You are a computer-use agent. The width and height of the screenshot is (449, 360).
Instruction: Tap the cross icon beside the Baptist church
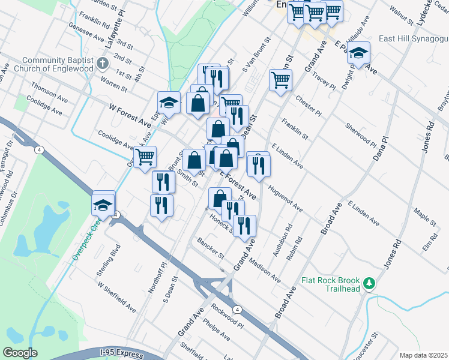103,63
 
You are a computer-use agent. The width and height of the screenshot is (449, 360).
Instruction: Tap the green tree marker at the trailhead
371,282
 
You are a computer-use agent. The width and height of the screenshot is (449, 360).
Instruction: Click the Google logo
20,353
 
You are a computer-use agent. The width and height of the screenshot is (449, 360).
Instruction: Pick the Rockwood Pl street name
226,316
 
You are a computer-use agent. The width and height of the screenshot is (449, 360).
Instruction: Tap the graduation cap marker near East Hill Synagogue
358,54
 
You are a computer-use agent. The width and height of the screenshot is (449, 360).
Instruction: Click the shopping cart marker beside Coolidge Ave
145,158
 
